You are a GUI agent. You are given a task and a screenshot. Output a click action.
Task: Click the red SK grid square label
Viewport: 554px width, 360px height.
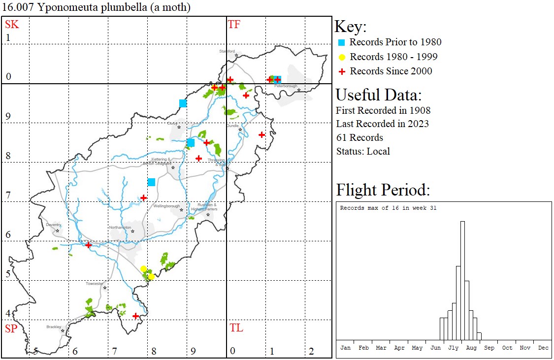point(12,25)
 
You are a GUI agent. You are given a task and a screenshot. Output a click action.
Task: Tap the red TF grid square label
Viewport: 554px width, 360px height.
point(234,25)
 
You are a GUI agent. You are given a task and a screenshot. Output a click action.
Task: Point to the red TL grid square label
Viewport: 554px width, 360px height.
point(236,328)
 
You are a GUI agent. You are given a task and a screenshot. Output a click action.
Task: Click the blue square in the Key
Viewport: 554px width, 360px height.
point(342,42)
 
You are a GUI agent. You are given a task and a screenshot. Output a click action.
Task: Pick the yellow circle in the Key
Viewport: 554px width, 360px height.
point(342,57)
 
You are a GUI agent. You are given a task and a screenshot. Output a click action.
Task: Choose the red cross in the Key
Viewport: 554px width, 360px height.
point(342,71)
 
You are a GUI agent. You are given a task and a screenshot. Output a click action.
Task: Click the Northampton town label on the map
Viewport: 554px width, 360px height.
point(121,228)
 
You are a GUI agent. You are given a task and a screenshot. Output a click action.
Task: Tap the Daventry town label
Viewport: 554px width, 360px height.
point(53,225)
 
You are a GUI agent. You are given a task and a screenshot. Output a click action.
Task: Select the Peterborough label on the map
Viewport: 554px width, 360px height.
point(286,86)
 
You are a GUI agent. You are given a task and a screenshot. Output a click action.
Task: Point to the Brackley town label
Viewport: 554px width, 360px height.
point(54,327)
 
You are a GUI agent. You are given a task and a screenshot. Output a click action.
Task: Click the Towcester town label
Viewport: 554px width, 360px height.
point(95,284)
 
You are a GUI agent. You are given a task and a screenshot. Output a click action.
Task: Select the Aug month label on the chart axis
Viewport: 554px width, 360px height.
point(471,348)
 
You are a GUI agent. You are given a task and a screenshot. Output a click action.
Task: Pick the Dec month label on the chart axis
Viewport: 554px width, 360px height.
point(543,348)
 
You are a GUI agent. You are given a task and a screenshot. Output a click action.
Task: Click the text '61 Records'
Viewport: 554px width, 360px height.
point(359,137)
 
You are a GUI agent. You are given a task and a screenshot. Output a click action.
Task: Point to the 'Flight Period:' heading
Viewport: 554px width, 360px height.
point(383,190)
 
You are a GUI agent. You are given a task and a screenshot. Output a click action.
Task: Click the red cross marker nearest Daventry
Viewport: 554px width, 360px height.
point(89,245)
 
